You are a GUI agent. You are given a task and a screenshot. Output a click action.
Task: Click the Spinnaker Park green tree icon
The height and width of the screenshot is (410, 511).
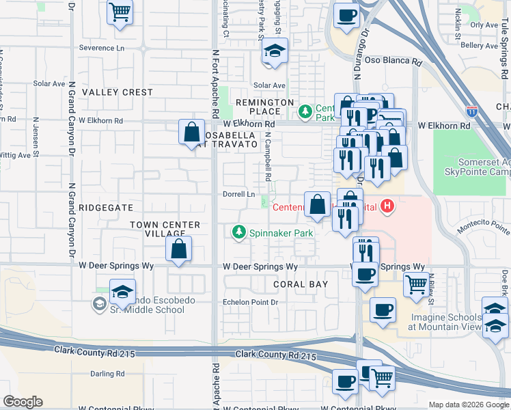239,234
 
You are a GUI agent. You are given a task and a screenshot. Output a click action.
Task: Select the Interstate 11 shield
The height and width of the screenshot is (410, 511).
472,110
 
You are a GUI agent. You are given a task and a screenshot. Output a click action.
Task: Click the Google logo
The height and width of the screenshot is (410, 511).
23,402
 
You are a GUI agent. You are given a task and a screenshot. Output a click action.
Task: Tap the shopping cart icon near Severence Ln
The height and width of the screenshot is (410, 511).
120,12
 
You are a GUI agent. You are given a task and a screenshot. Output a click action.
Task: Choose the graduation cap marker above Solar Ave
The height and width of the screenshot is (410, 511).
275,51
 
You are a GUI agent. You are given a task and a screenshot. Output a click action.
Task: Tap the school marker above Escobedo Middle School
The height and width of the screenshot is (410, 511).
122,292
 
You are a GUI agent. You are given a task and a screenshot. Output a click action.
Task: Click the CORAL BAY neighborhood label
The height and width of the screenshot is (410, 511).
301,284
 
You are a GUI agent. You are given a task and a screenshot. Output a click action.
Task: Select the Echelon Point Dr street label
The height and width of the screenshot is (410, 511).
251,302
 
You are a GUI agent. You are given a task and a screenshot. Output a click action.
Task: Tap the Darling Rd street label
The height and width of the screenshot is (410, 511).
107,374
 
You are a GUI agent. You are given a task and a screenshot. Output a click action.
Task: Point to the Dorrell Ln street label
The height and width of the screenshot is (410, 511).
239,194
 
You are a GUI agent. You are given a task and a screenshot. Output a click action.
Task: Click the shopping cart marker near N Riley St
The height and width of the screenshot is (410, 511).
415,283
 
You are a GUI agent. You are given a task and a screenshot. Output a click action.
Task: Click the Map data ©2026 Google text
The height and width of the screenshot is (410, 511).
469,405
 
